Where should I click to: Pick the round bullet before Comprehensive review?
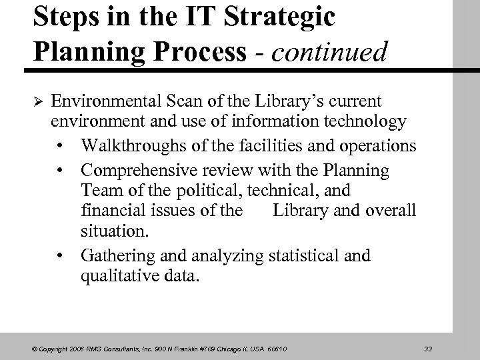point(61,170)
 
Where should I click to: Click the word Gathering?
point(115,255)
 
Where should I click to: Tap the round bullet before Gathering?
point(61,255)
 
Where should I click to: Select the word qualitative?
point(115,277)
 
